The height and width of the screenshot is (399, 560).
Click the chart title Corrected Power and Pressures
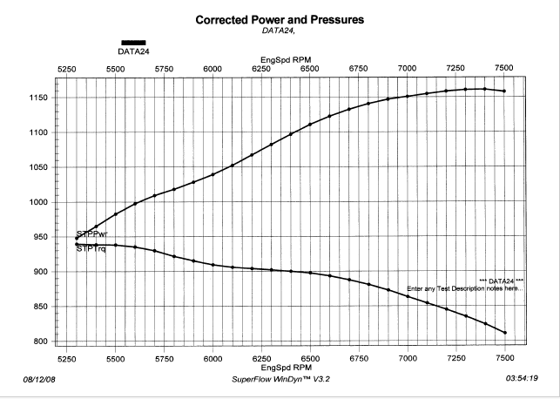tap(280, 20)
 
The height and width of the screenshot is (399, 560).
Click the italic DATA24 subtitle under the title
tap(279, 30)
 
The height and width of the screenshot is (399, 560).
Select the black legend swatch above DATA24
tap(133, 43)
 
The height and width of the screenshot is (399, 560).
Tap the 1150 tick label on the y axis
tap(38, 98)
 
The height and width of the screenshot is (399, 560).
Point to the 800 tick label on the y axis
tap(41, 342)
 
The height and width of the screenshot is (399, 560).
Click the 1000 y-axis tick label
tap(38, 202)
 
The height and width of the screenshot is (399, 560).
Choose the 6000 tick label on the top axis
tap(213, 69)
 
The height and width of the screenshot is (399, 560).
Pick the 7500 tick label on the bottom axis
tap(504, 358)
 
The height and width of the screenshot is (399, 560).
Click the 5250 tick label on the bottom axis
tap(67, 359)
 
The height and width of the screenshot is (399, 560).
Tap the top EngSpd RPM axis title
tap(286, 60)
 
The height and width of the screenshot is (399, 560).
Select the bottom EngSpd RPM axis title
tap(287, 368)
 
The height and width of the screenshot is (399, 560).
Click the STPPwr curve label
tap(92, 234)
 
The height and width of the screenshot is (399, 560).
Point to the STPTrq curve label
tap(91, 248)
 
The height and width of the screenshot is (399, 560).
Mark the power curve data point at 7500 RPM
tap(504, 91)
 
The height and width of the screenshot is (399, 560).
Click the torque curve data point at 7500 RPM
tap(505, 333)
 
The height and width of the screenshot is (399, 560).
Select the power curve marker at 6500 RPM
tap(310, 125)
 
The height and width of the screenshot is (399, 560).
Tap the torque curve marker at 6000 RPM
tap(213, 265)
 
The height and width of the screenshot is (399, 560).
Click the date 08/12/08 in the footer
tap(39, 379)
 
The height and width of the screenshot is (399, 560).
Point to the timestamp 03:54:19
tap(522, 378)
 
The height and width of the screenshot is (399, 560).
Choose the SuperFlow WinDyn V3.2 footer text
tap(280, 379)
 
